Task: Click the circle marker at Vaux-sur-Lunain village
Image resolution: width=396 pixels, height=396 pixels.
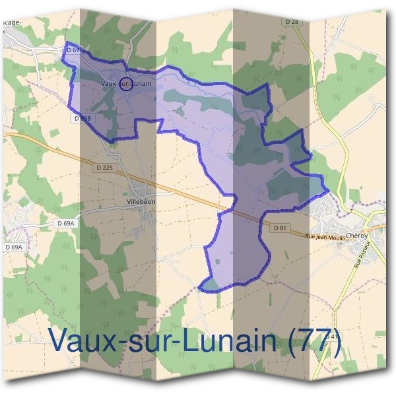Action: pos(128,83)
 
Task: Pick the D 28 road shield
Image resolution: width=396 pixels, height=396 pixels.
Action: pos(292,22)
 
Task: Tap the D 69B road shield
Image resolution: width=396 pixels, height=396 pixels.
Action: pos(82,117)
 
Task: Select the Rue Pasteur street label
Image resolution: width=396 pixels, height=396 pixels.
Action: pos(362,254)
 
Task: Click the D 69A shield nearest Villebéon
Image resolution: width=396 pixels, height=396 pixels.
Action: pos(65,224)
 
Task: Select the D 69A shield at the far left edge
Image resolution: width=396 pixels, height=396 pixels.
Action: pos(14,247)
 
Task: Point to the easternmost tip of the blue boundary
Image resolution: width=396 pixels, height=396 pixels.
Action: pos(327,189)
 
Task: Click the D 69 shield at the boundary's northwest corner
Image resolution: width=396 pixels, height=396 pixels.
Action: pos(73,49)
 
